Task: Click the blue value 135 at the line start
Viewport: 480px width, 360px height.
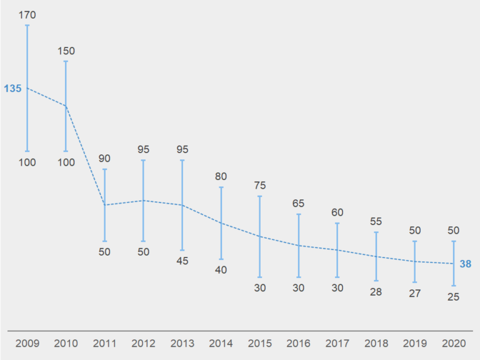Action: [12, 89]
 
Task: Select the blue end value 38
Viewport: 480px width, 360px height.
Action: [466, 264]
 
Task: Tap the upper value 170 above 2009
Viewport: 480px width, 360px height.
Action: [27, 14]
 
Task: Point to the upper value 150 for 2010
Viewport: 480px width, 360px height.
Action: [66, 51]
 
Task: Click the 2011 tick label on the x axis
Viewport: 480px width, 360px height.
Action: [104, 343]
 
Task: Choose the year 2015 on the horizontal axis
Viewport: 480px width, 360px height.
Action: [259, 343]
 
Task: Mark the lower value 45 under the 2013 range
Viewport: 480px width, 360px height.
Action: [182, 261]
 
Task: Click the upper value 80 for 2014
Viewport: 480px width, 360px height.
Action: [221, 176]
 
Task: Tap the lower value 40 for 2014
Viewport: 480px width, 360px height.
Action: [221, 270]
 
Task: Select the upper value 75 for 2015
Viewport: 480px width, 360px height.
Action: [259, 185]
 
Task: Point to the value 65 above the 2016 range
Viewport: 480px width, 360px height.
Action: [298, 203]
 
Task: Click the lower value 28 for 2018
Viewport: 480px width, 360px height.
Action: [376, 291]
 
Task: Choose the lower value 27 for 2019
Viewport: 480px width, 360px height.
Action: [414, 293]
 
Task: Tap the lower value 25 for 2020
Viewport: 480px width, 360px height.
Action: [453, 297]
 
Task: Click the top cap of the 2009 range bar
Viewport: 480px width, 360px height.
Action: [27, 26]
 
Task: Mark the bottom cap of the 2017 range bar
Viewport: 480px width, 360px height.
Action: [337, 277]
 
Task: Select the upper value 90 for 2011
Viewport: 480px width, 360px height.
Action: [104, 158]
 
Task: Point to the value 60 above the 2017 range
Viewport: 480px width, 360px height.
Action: [337, 212]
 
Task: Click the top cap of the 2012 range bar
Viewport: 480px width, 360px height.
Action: [143, 161]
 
